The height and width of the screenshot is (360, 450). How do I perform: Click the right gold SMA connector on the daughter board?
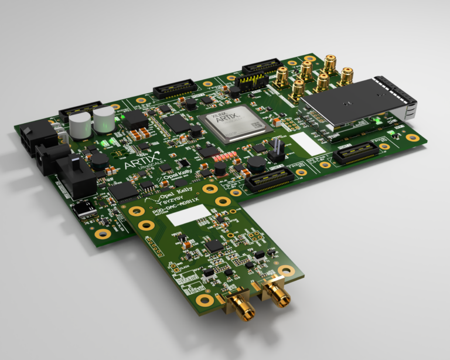tap(274, 291)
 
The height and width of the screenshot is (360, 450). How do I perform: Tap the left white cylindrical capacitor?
tap(79, 125)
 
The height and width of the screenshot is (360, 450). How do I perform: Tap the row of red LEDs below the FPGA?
tap(226, 157)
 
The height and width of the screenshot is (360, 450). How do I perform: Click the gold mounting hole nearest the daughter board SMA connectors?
tap(286, 270)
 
